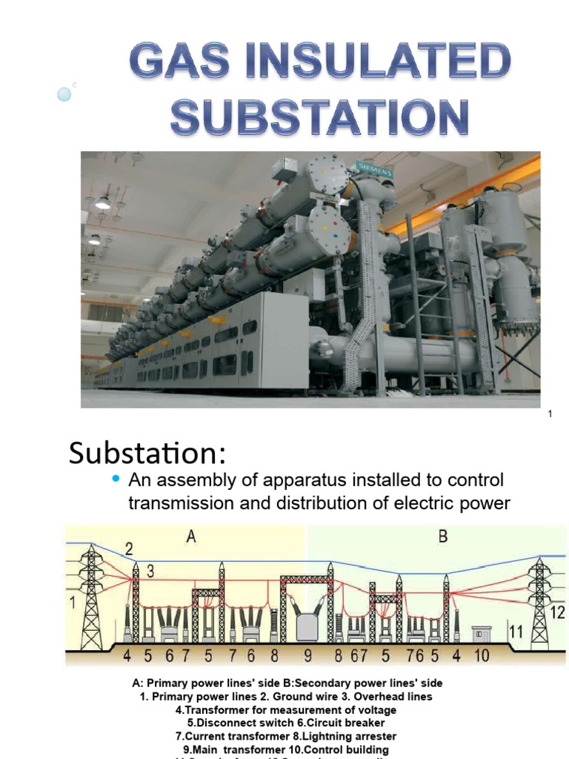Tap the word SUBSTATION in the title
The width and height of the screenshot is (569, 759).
click(x=320, y=118)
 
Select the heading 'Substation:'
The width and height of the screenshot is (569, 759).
click(x=146, y=452)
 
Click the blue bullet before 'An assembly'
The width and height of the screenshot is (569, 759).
click(x=115, y=480)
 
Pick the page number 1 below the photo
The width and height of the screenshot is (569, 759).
click(x=550, y=414)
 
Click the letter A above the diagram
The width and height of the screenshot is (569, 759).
click(x=190, y=537)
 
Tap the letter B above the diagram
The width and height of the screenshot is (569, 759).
click(x=442, y=537)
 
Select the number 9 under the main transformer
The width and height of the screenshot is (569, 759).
click(x=307, y=655)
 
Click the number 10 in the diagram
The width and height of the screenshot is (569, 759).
click(x=482, y=655)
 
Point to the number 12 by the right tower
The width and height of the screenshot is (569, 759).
click(x=556, y=612)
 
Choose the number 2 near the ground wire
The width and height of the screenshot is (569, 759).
click(x=129, y=549)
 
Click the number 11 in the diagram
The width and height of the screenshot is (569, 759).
click(x=516, y=632)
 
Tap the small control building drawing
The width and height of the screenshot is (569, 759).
click(x=482, y=634)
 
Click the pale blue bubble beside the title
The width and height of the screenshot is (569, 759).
click(x=64, y=94)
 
